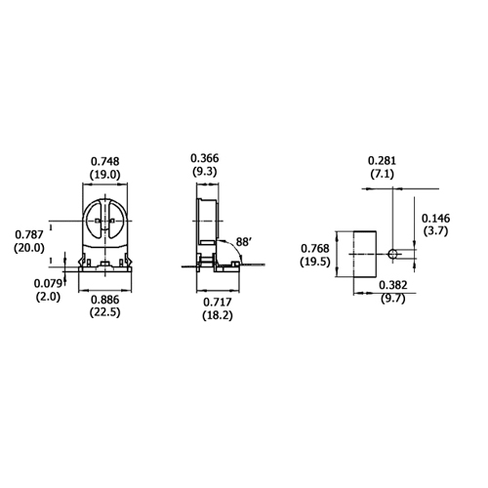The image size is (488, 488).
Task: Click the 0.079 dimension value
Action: click(x=47, y=283)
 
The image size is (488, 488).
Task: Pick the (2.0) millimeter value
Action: click(x=47, y=297)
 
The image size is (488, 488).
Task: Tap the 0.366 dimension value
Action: click(x=205, y=158)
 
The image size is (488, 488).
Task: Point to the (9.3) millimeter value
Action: click(x=205, y=172)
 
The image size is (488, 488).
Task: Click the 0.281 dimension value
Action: click(x=383, y=160)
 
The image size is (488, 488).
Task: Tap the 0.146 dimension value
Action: click(x=434, y=219)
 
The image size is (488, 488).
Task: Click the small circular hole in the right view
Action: click(x=392, y=254)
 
